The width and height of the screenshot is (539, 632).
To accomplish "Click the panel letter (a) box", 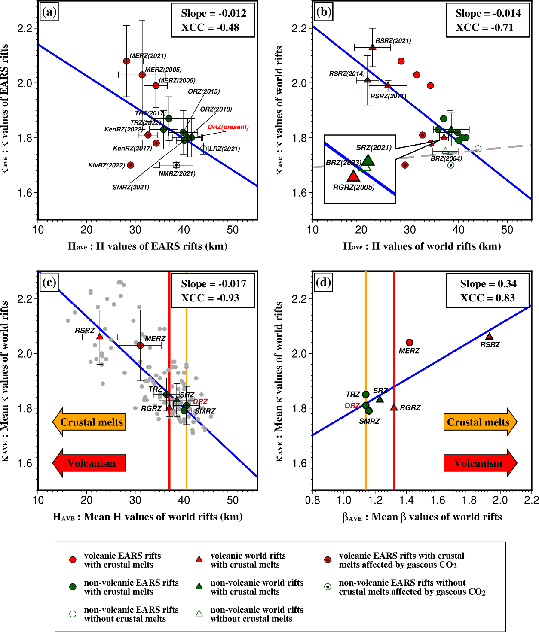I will point(49,12).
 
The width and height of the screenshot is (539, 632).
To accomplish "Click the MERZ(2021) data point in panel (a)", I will point(126,61).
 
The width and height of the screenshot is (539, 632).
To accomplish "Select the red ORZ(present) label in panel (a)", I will point(228,127).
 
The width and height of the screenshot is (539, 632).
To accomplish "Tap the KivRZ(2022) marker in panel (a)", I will point(131,165).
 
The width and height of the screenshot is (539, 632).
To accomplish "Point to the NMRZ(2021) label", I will point(177,174).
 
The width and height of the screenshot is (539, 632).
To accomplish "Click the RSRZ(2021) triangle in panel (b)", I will point(373,47).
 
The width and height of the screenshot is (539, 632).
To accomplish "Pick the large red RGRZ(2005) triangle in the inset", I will point(353,176).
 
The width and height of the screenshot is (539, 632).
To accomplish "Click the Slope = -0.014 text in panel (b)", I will point(488,13).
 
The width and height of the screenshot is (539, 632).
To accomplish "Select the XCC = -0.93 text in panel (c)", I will point(210,298).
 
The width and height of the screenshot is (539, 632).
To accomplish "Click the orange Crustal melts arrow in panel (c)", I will point(89,422).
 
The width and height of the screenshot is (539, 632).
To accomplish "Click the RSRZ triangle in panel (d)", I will point(489,336).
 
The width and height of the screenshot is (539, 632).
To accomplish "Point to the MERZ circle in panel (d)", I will point(410,343).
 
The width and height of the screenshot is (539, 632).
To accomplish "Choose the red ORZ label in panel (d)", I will point(352,406).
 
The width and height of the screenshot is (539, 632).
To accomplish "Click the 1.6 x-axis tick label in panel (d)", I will point(438,500).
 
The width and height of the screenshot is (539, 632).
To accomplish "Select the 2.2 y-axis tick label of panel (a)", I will point(25,29).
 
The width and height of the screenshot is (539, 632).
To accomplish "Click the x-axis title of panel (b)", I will point(422,246).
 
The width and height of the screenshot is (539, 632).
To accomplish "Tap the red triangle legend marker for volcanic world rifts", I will point(199,559).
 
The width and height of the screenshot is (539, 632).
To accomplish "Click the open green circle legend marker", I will point(73,614).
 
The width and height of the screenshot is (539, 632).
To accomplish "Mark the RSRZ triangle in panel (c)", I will point(100,337).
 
